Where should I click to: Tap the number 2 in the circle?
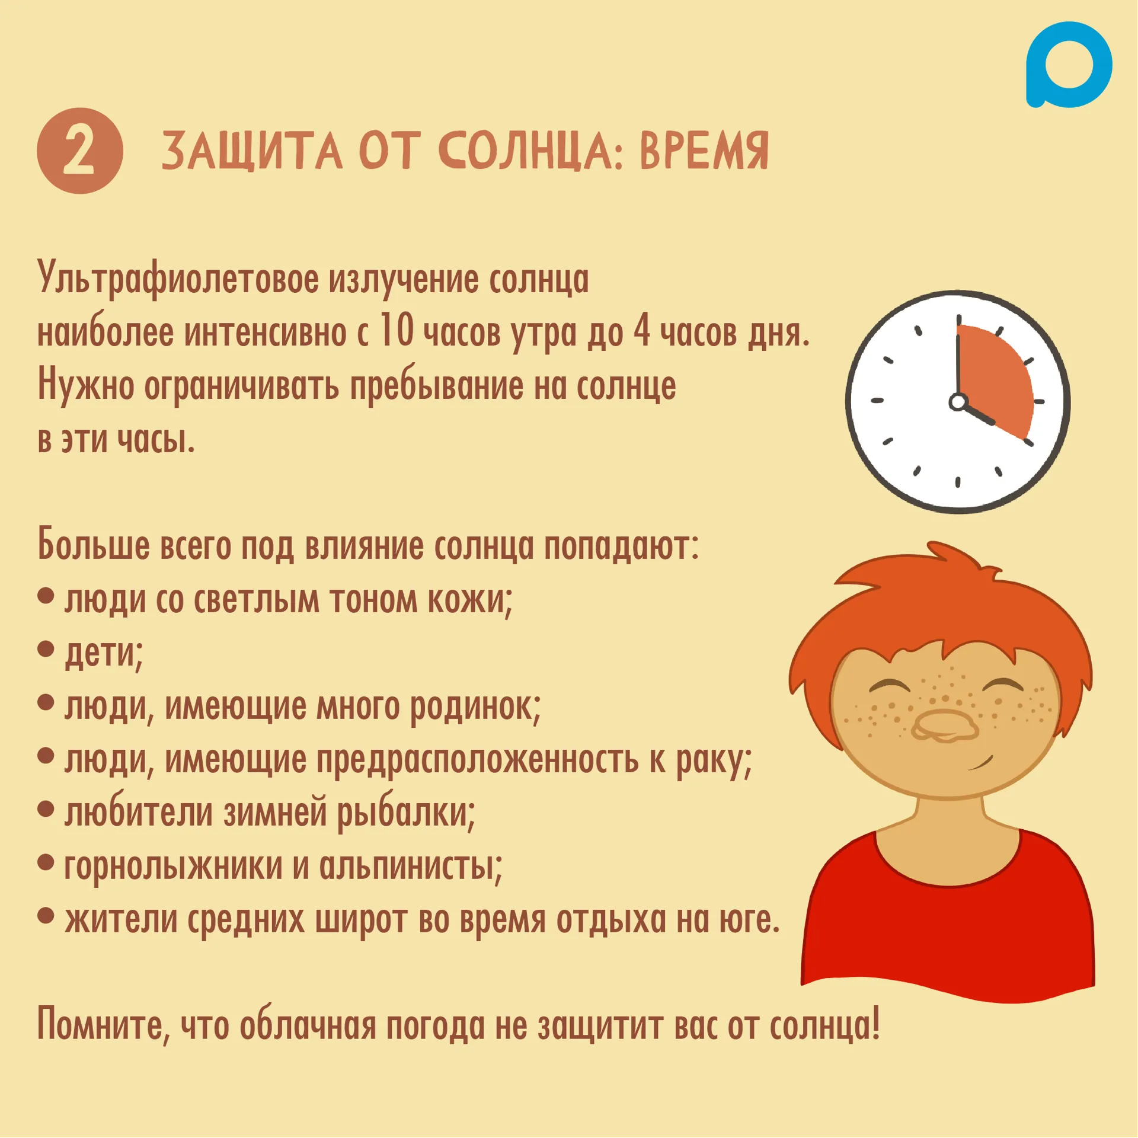tap(79, 152)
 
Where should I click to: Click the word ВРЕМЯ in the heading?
tap(704, 151)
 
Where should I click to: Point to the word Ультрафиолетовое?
tap(178, 278)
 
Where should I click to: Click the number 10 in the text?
tap(396, 330)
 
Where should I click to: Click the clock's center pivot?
tap(958, 402)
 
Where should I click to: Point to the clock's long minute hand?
tap(958, 358)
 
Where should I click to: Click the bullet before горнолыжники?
tap(46, 862)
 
